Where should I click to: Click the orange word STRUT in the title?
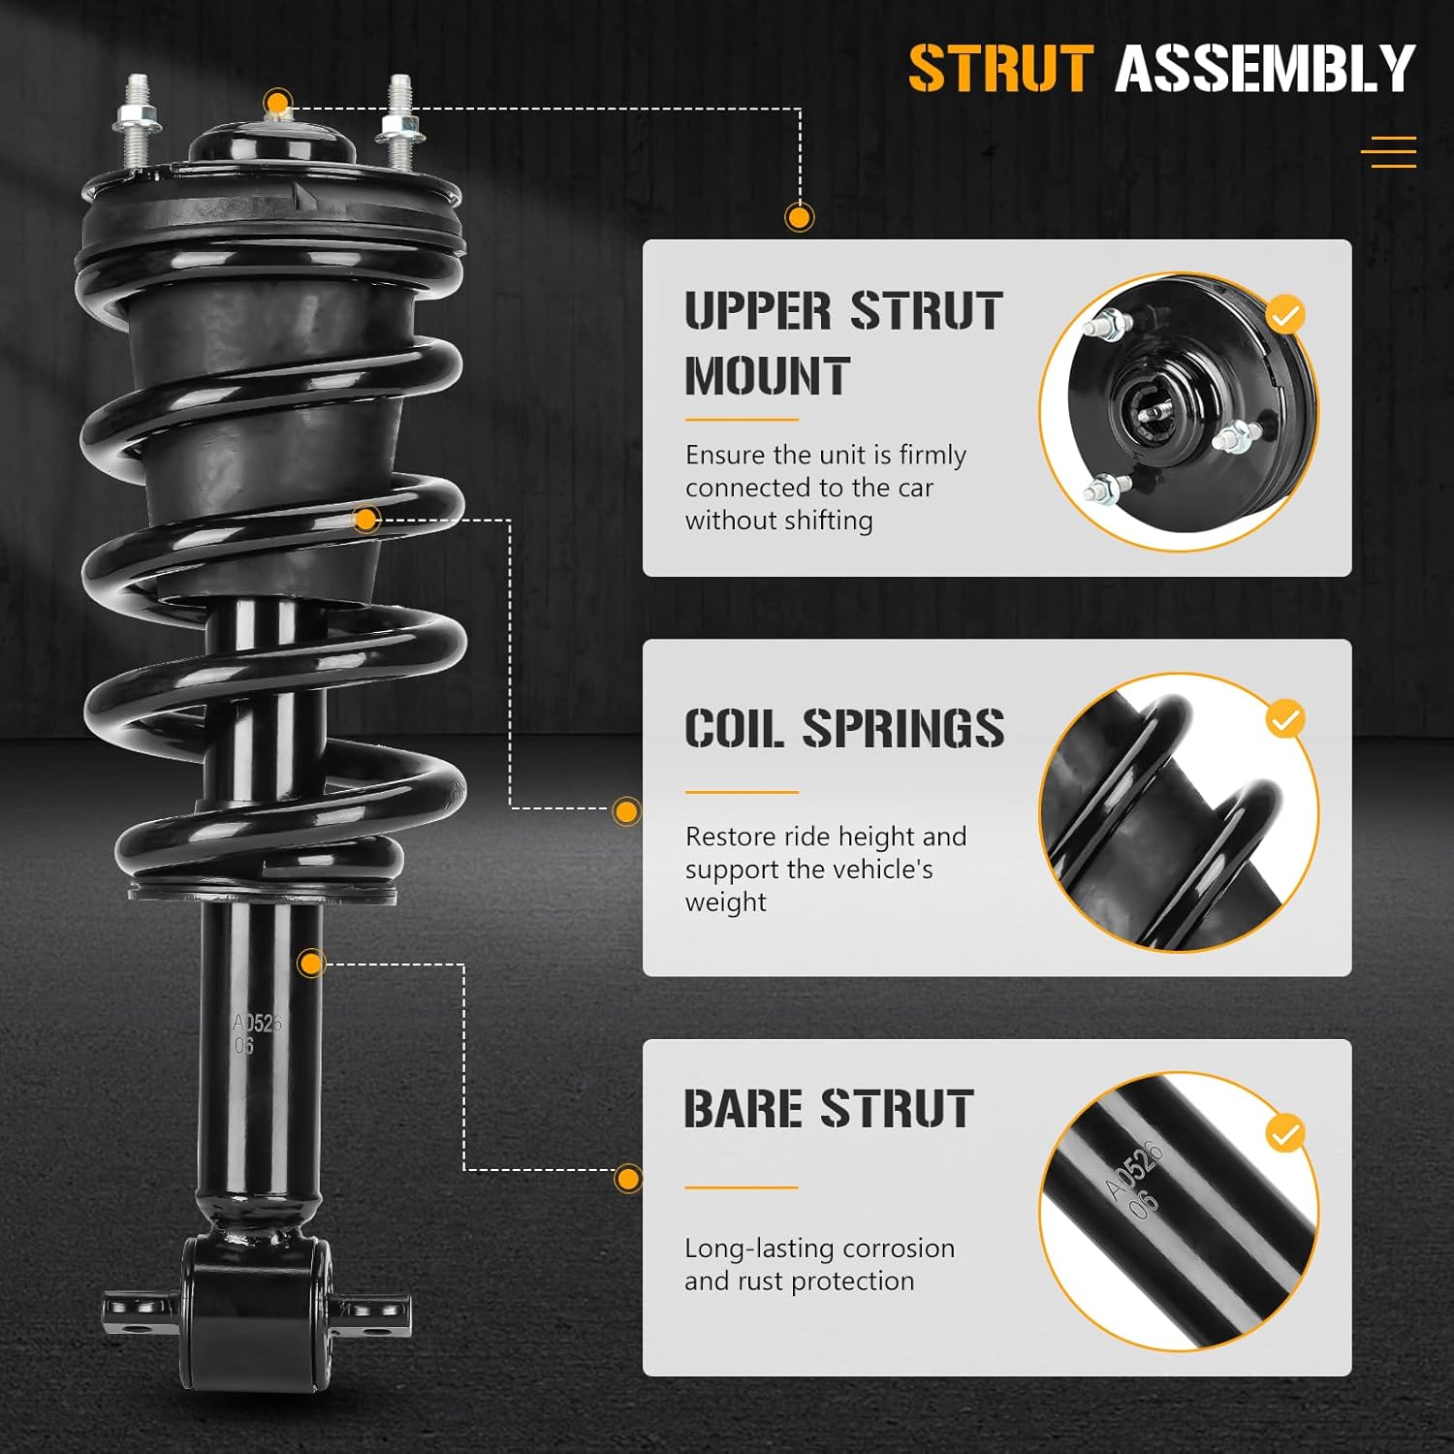(1000, 69)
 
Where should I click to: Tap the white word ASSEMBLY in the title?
(1265, 69)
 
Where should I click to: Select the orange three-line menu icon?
(1388, 152)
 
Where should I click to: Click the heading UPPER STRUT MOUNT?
(842, 343)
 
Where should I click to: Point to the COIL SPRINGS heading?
(843, 728)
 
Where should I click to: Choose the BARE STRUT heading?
(828, 1109)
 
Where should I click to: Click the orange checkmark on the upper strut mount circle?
(1285, 315)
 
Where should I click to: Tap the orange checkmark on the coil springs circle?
(1285, 720)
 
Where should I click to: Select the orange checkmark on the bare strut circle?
(1285, 1133)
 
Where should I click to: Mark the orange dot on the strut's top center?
(278, 103)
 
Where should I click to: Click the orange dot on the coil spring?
(365, 520)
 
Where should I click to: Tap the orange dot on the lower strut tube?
(311, 964)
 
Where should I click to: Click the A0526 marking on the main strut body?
(256, 1024)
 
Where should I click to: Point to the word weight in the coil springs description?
(725, 902)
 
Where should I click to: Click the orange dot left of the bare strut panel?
(628, 1179)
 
